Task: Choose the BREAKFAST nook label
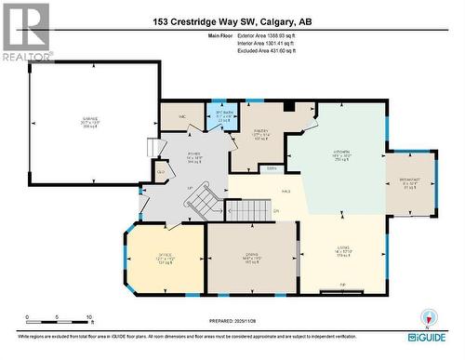pos(409,180)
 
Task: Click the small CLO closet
pos(161,171)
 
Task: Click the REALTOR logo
pos(25,33)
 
